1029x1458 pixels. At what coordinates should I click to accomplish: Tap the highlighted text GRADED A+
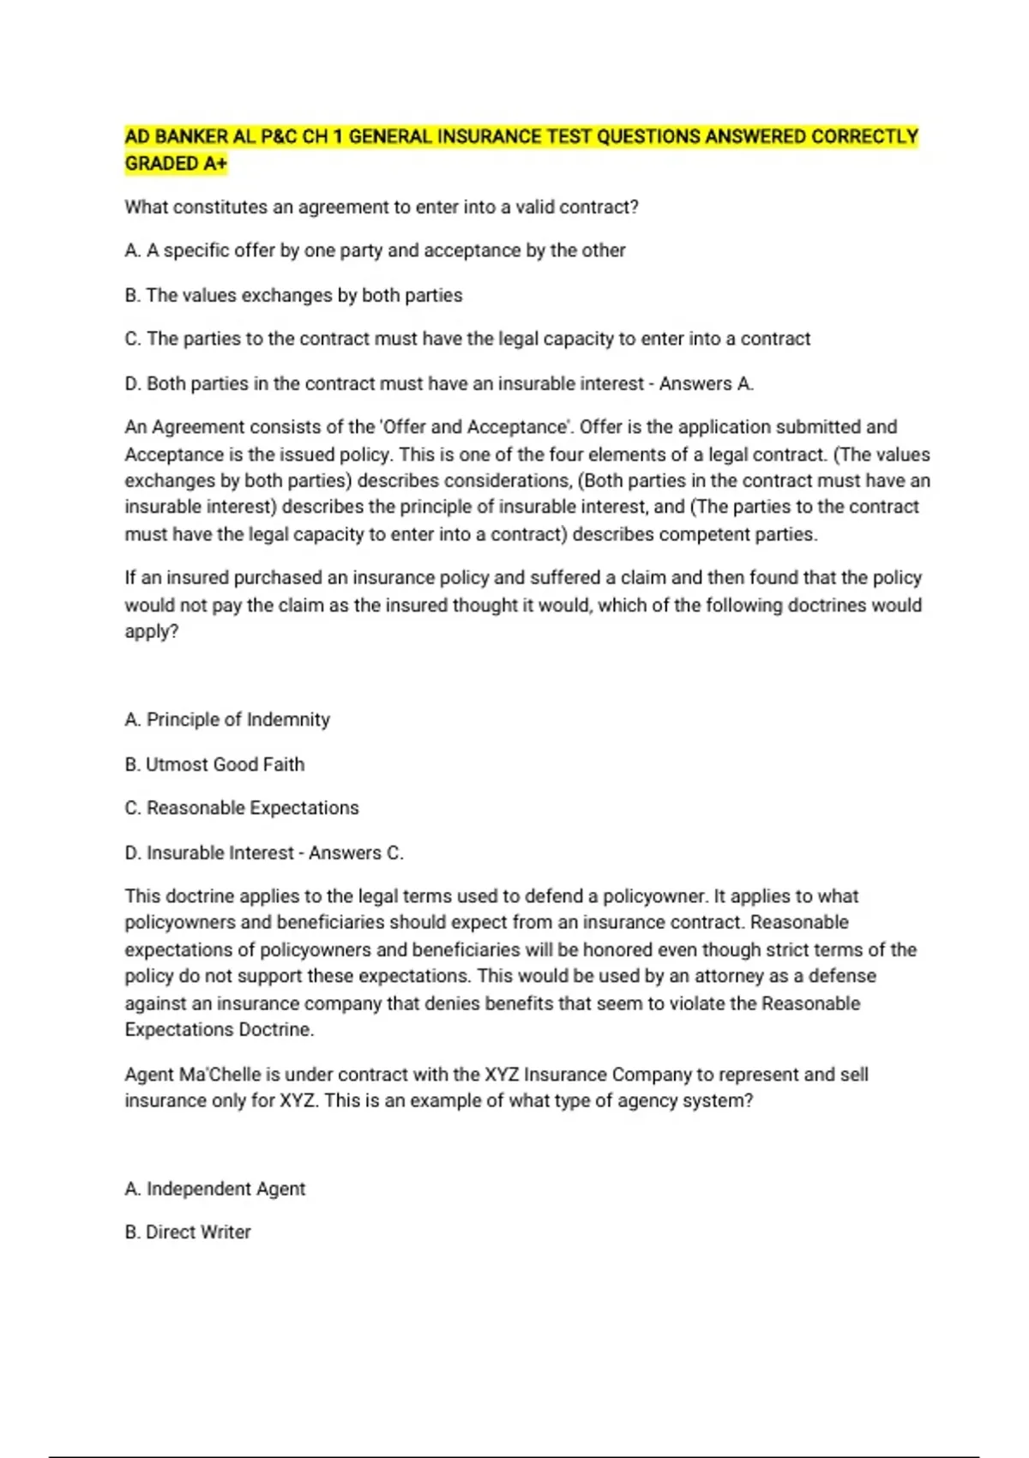pos(176,164)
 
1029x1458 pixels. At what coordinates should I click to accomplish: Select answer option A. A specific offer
pos(375,250)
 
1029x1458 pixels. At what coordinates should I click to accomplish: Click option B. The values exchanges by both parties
pos(293,295)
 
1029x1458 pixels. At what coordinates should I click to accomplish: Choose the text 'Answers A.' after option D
pos(707,383)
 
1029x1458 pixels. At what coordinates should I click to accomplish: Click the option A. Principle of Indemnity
pos(227,720)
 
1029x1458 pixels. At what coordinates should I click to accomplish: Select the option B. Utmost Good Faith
pos(214,764)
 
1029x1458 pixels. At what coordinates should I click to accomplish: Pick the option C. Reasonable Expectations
pos(242,808)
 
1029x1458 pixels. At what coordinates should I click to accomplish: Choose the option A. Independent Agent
pos(215,1189)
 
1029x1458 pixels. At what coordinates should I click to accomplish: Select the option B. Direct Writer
pos(188,1232)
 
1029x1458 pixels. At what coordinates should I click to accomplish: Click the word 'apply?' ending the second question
pos(152,632)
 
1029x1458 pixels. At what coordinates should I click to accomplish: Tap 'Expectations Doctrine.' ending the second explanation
pos(220,1030)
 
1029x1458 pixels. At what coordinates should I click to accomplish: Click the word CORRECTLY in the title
pos(864,136)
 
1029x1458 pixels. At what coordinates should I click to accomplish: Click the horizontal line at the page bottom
pos(514,1456)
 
